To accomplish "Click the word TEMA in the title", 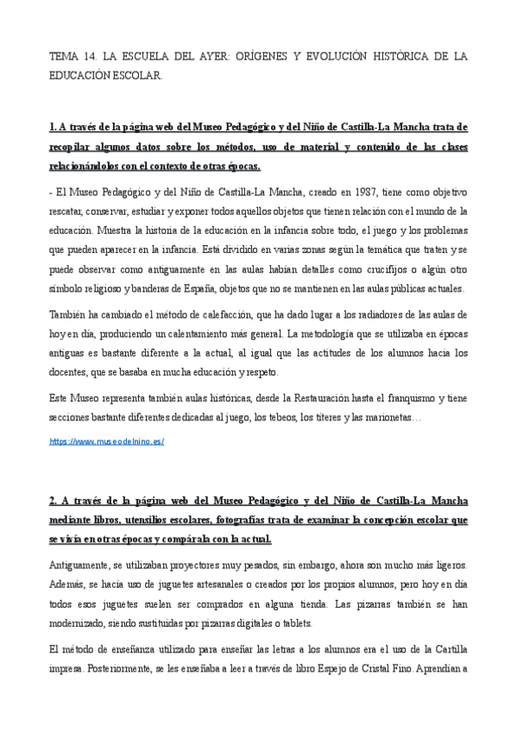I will pyautogui.click(x=66, y=57).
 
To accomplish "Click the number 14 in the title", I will pyautogui.click(x=94, y=57).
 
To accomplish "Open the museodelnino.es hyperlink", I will pyautogui.click(x=106, y=442).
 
